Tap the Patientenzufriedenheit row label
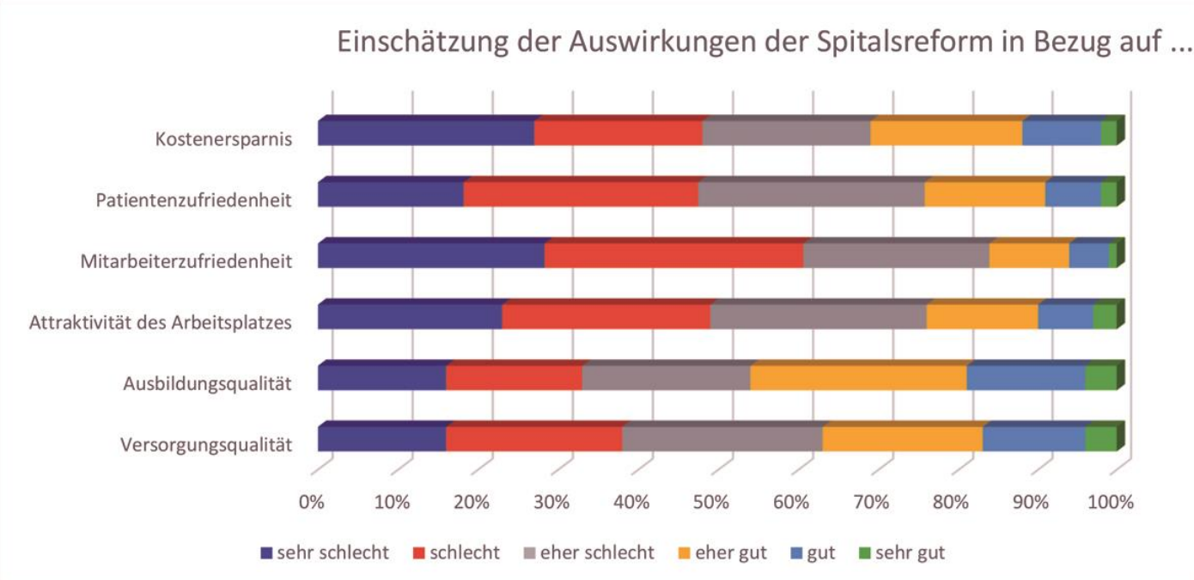click(193, 200)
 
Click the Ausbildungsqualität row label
click(207, 384)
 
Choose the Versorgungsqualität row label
click(206, 445)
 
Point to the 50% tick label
click(711, 503)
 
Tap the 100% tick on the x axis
click(1111, 503)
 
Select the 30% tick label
click(551, 503)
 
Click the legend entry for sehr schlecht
click(324, 553)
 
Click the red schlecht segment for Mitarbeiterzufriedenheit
click(673, 256)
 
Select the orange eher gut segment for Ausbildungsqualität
click(858, 378)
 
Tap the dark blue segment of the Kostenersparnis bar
click(425, 133)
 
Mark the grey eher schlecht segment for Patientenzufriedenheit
click(811, 194)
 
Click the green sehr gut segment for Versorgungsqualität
click(1100, 439)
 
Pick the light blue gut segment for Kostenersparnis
click(1061, 133)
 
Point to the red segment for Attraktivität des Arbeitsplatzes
click(606, 317)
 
